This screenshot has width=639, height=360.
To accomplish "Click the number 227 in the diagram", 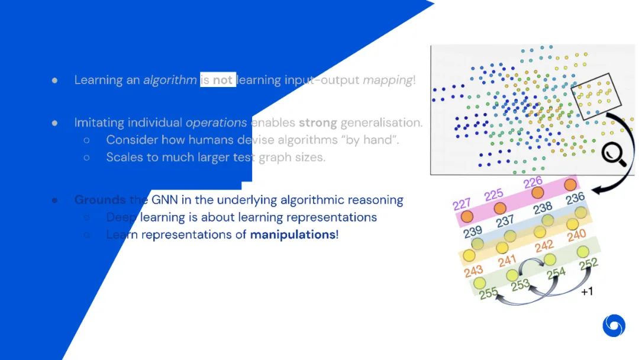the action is click(x=461, y=204).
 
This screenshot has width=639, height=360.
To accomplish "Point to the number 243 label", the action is click(x=474, y=271).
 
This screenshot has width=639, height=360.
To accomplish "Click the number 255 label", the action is click(x=488, y=292).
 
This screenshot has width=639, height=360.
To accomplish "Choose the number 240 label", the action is click(x=576, y=236).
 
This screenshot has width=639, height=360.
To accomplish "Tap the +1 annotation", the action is click(x=587, y=292).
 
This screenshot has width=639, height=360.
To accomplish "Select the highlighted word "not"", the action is click(x=222, y=80).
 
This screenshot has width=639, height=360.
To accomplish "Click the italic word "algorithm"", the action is click(x=170, y=80).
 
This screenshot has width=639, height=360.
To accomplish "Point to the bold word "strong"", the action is click(x=318, y=123).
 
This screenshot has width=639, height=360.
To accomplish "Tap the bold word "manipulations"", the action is click(x=293, y=234).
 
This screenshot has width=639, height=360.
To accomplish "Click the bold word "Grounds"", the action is click(x=100, y=200).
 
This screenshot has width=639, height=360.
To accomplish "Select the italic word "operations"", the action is click(x=216, y=123).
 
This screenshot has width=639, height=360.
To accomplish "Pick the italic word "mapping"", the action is click(x=387, y=80).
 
